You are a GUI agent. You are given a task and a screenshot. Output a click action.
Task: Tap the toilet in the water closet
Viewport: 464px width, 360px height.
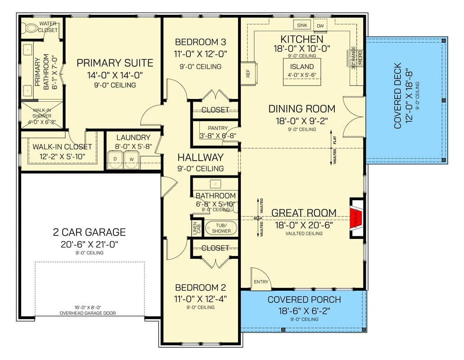(x=31, y=28)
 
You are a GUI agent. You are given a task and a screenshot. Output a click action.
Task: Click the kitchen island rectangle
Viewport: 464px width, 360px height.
(x=302, y=72)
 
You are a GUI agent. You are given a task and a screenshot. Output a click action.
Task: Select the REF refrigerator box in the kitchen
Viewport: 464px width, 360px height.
(x=248, y=73)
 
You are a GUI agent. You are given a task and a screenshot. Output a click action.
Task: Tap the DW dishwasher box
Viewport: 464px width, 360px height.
(x=320, y=26)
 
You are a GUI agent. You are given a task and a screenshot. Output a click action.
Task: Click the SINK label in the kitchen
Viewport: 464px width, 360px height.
(x=302, y=25)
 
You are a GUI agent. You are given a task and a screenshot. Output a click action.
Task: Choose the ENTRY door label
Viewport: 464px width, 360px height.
(x=261, y=282)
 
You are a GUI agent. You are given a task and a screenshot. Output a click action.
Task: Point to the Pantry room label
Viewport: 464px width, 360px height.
(x=217, y=128)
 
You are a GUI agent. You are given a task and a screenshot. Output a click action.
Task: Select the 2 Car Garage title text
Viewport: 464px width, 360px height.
(x=89, y=232)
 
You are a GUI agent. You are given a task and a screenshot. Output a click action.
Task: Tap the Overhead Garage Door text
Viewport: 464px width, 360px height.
(x=89, y=313)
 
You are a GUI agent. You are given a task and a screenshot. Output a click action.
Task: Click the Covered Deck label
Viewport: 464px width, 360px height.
(x=398, y=101)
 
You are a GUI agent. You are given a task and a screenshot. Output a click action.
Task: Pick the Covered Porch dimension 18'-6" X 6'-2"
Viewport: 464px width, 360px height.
(x=304, y=310)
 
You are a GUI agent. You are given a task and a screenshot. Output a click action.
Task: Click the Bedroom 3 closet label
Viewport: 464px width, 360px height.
(x=215, y=110)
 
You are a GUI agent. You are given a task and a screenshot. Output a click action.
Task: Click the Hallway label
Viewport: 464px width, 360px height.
(x=200, y=157)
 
